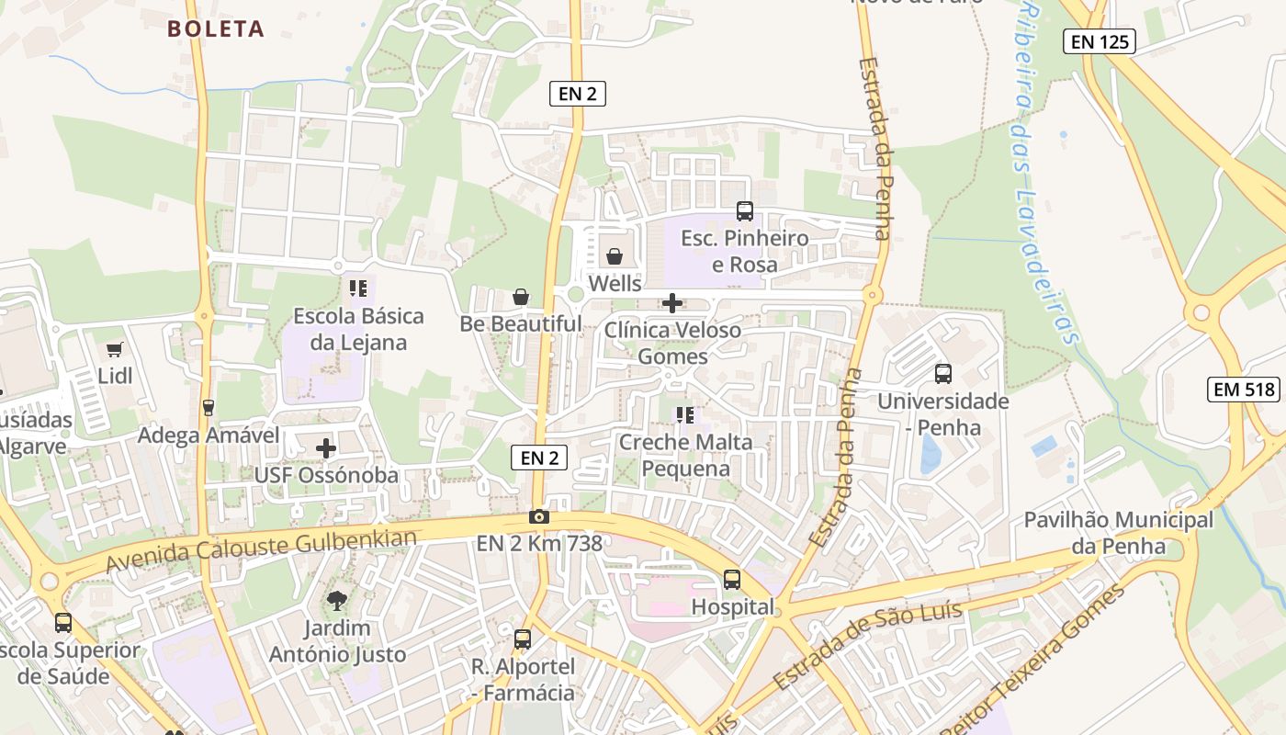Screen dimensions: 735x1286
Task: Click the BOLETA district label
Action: click(216, 29)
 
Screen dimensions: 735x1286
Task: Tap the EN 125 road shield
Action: click(1100, 41)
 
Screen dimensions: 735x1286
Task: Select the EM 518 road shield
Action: click(1245, 390)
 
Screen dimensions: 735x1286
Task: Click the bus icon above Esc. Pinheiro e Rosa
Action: click(745, 211)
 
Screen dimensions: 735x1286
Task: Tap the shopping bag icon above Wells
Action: click(615, 256)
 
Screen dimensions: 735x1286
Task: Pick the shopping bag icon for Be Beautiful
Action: click(521, 297)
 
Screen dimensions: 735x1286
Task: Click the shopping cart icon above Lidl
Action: click(115, 349)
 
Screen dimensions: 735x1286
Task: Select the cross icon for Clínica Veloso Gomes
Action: click(672, 302)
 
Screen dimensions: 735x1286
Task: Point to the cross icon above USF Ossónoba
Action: click(326, 448)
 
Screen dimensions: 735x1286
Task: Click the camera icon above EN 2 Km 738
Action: click(539, 516)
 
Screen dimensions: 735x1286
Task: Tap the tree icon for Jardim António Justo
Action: click(337, 601)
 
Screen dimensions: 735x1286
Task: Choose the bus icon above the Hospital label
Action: click(732, 580)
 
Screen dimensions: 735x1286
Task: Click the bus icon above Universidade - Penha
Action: click(943, 374)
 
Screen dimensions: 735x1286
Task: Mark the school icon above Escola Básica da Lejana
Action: click(357, 288)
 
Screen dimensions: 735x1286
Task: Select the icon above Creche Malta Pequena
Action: click(684, 415)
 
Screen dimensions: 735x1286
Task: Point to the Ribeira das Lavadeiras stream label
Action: click(1047, 175)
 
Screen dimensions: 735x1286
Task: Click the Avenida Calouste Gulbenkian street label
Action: click(262, 548)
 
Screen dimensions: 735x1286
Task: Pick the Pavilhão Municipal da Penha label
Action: click(1118, 533)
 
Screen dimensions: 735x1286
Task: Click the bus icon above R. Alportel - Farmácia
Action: click(523, 639)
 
